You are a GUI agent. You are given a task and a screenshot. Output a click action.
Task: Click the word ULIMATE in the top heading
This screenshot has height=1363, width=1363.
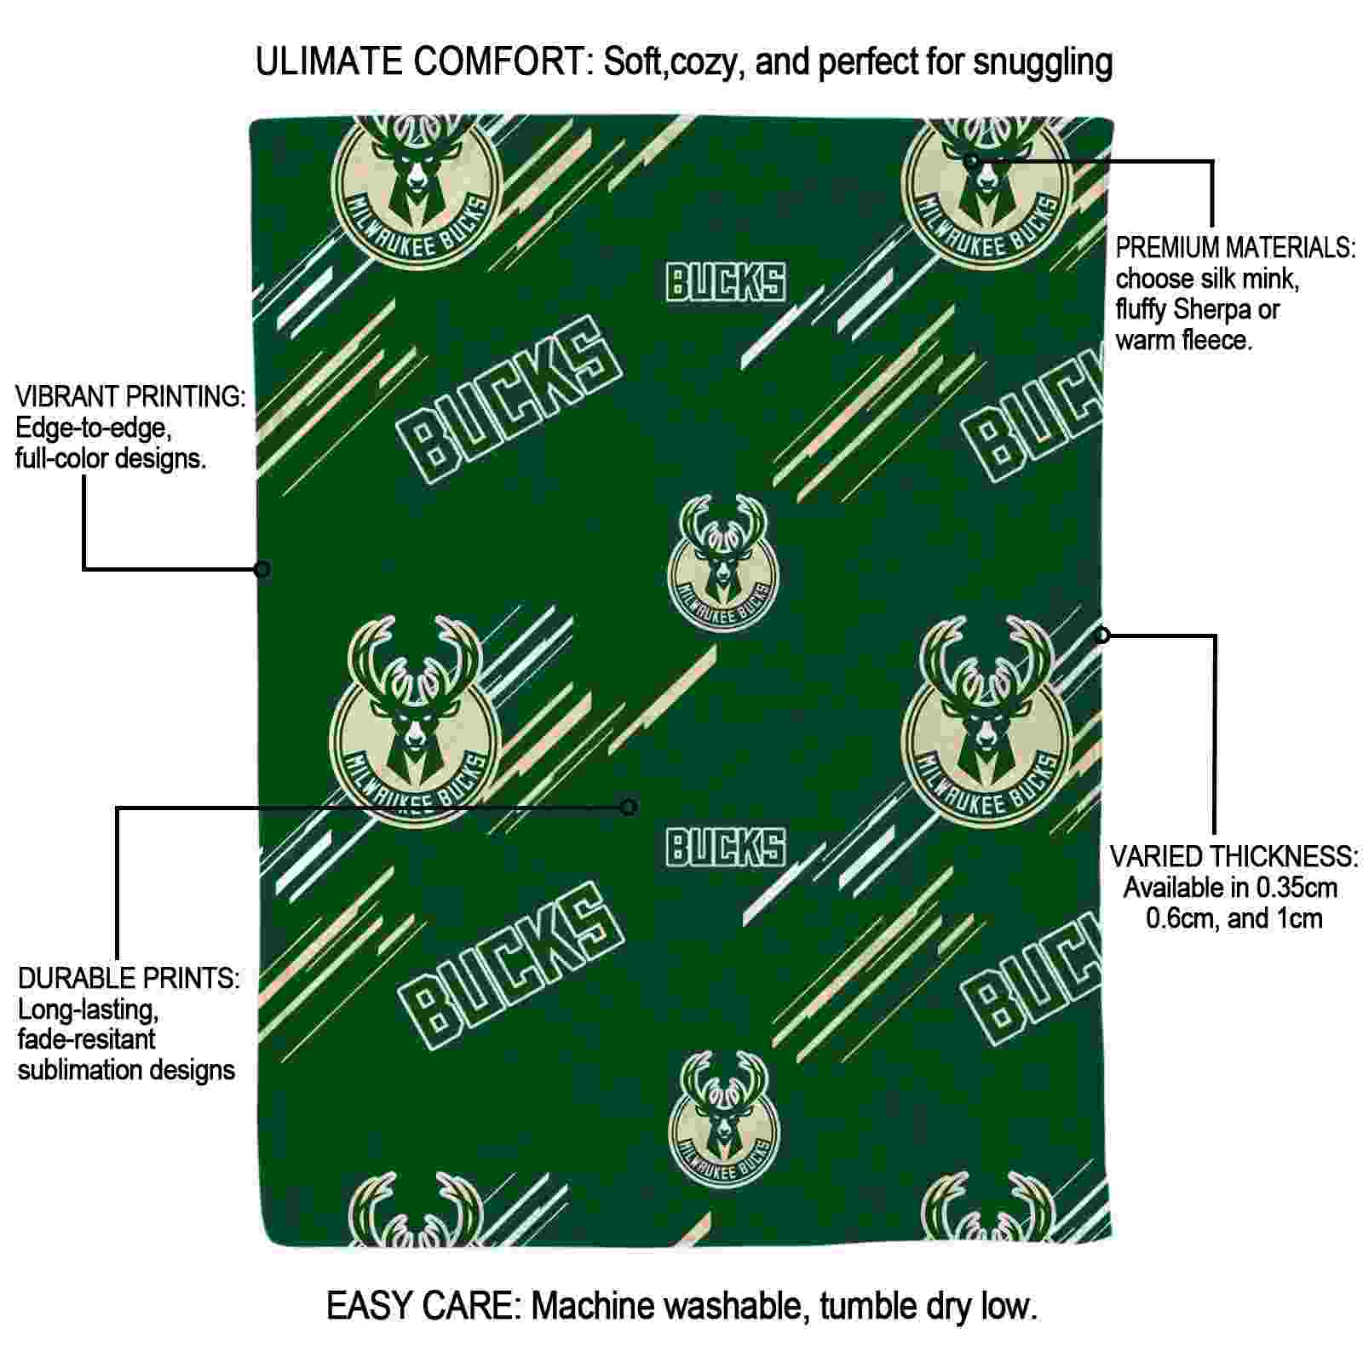pos(329,61)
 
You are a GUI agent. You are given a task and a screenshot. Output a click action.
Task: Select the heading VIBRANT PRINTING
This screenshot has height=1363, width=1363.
pos(130,396)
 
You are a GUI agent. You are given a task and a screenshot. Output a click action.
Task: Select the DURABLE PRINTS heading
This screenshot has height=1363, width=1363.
pos(129,978)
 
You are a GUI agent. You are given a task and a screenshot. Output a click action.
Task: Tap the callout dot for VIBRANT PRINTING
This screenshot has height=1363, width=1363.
pos(262,569)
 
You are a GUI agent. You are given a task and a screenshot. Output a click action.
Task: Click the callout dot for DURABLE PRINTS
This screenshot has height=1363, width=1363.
pos(629,807)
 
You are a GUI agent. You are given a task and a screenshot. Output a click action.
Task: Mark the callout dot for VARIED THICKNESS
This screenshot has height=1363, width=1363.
pos(1103,635)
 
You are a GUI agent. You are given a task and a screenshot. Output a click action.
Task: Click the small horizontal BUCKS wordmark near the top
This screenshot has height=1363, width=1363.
pos(725,282)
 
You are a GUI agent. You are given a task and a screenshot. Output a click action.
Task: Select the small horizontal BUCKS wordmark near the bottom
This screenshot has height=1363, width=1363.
pos(725,848)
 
